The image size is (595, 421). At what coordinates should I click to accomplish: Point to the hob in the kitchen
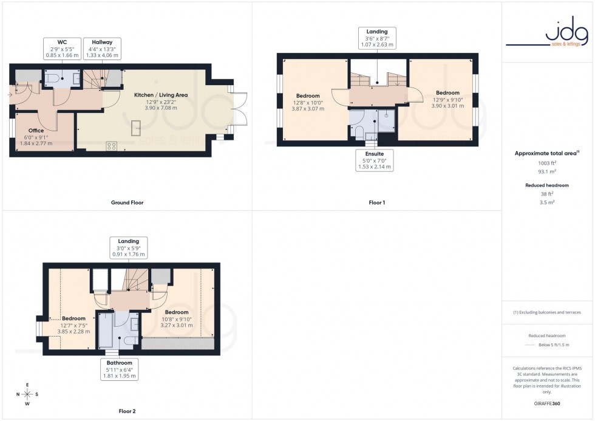pyautogui.click(x=112, y=146)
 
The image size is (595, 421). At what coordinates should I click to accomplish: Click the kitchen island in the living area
pyautogui.click(x=136, y=128)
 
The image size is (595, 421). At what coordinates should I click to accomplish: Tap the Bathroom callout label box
pyautogui.click(x=119, y=369)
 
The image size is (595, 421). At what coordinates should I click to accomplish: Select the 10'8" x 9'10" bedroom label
pyautogui.click(x=176, y=319)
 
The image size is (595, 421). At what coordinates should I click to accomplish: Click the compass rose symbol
pyautogui.click(x=27, y=394)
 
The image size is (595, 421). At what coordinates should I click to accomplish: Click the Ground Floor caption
pyautogui.click(x=127, y=202)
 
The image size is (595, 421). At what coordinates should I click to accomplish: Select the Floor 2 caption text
pyautogui.click(x=127, y=411)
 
